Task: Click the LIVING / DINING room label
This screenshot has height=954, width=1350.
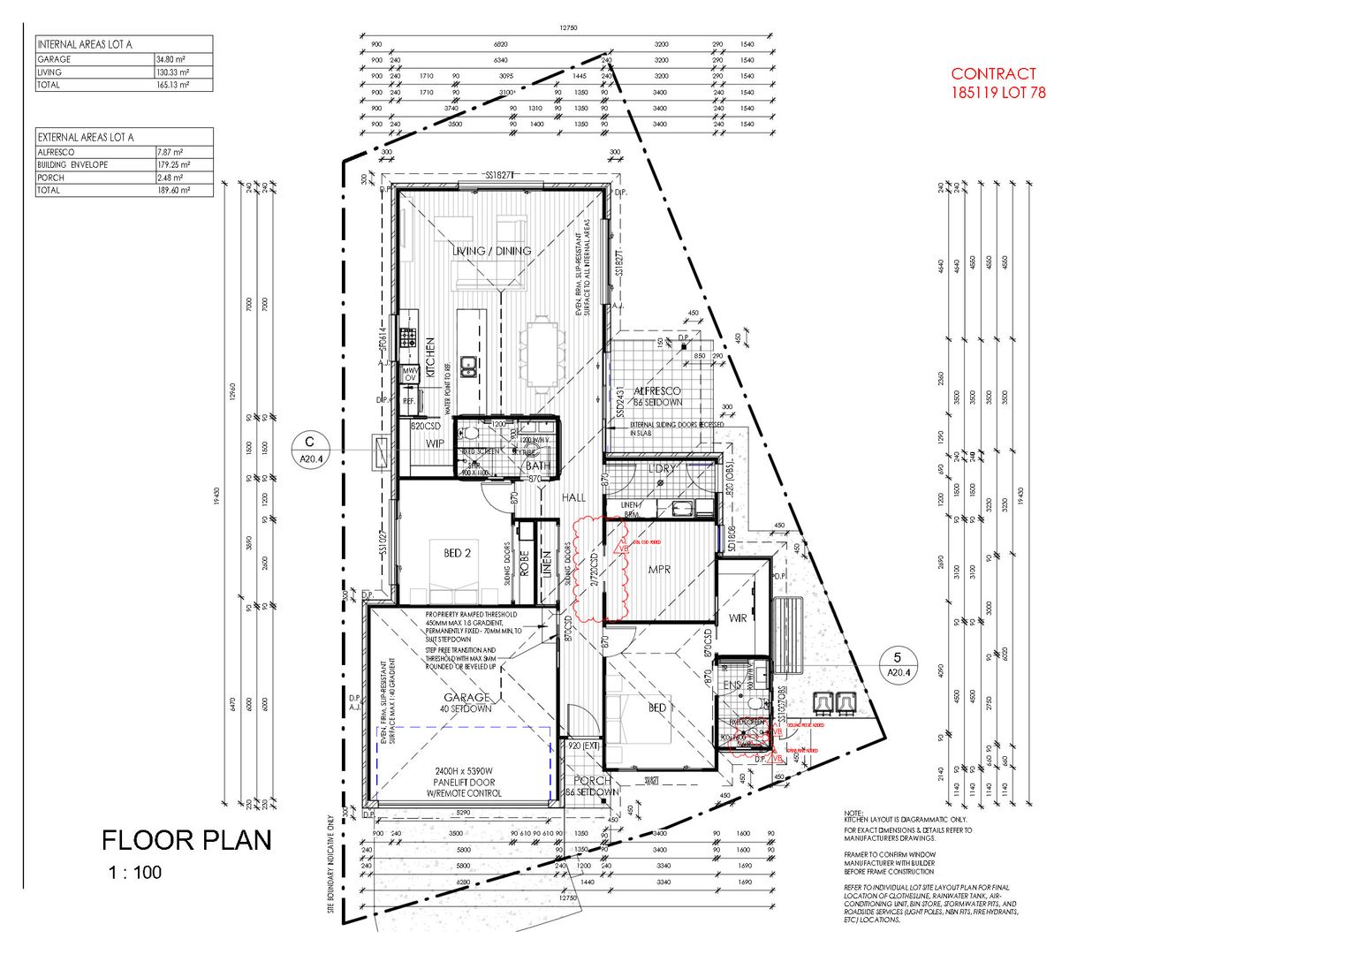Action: [x=492, y=251]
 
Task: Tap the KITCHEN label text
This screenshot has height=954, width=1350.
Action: [x=431, y=358]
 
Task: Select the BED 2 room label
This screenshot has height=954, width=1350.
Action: [x=457, y=554]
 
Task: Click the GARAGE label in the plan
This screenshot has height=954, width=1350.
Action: [x=466, y=698]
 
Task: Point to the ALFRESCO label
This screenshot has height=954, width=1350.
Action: [x=658, y=390]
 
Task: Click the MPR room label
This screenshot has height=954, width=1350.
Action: [x=658, y=570]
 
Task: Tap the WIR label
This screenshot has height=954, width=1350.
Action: [x=738, y=617]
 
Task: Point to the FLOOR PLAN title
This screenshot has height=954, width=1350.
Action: [x=186, y=840]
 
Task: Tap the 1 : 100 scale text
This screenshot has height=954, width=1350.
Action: [x=135, y=873]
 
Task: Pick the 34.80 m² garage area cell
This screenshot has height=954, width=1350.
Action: [x=171, y=59]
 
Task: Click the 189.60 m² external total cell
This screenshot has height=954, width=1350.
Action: [x=172, y=190]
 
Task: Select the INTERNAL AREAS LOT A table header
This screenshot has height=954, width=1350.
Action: [x=86, y=43]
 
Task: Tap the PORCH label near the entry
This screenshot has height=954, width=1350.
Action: [x=592, y=781]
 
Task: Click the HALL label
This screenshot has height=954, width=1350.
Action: [x=574, y=498]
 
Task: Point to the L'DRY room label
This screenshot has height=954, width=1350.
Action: [x=661, y=469]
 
